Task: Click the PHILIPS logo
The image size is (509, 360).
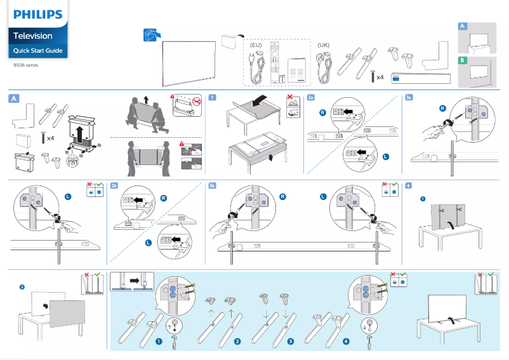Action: (37, 14)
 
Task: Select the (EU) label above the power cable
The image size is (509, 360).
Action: (256, 46)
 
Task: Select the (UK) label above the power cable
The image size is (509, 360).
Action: (323, 46)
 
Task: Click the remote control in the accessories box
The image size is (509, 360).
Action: (274, 62)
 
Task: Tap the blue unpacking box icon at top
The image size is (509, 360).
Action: (150, 36)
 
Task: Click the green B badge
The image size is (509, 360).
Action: (463, 60)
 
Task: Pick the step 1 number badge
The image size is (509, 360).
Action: (212, 98)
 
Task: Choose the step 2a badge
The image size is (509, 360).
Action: (310, 98)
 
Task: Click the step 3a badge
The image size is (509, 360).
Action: (409, 98)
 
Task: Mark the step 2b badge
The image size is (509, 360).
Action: (114, 185)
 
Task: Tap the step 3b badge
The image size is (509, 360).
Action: (212, 185)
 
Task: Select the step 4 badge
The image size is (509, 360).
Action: (408, 185)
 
